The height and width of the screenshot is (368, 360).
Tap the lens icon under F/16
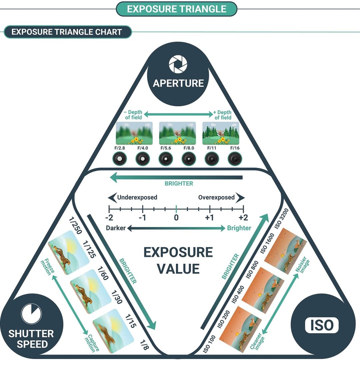coord(235,159)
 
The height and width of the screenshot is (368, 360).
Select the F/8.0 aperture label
coord(189,148)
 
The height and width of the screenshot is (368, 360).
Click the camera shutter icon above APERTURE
coord(178,64)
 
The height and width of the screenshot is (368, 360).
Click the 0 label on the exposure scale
coord(176,218)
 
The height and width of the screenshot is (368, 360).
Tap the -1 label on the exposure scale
coord(142,218)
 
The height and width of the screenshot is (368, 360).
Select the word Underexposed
coord(137,197)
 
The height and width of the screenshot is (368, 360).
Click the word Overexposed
coord(216,197)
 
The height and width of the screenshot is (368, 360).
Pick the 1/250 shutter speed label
coord(75,226)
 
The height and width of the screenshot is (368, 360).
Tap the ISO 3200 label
coord(282,219)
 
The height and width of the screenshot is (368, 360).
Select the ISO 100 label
coord(209,344)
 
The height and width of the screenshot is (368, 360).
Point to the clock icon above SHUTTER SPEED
coord(31,314)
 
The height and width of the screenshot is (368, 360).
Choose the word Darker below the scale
coord(116,228)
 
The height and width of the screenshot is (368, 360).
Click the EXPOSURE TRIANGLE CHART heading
coord(67,32)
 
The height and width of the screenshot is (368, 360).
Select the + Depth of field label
coord(223,115)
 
